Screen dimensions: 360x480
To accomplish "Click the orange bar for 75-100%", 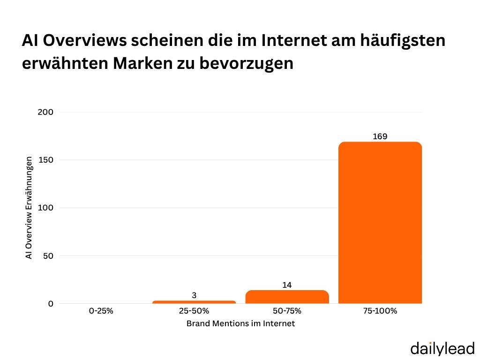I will point(380,223).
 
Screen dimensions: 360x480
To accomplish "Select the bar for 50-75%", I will point(287,297).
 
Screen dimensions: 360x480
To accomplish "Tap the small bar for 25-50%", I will point(194,302).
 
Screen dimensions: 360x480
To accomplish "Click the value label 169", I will point(380,136).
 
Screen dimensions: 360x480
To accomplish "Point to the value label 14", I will point(287,285).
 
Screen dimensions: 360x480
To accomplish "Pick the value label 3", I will point(194,295).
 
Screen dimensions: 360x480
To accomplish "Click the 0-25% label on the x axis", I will point(101,311).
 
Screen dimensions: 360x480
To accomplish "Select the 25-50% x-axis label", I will point(194,311).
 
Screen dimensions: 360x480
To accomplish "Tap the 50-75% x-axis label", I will point(287,311).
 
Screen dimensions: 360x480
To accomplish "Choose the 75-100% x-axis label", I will point(380,311).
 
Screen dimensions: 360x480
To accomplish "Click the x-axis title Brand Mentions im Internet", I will point(240,323).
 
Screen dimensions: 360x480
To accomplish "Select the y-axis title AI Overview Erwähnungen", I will point(29,208).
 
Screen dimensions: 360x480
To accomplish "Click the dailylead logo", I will point(442,348).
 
